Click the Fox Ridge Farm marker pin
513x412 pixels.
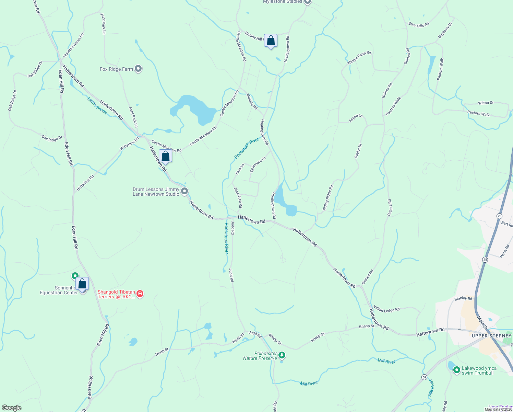click(138, 69)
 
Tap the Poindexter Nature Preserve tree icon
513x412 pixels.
click(282, 355)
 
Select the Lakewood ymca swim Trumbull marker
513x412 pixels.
click(456, 370)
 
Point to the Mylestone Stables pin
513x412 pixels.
click(308, 2)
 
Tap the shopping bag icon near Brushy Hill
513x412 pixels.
click(271, 41)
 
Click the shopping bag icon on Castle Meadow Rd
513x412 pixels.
click(165, 156)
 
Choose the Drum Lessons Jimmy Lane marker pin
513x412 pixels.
click(184, 191)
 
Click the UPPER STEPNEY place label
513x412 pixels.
click(491, 336)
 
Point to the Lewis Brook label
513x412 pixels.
click(97, 105)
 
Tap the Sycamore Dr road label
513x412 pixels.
click(258, 165)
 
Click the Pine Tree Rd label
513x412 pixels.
click(238, 197)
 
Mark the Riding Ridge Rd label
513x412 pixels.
click(328, 198)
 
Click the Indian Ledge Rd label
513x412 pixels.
click(386, 309)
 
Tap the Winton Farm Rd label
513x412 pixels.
click(359, 58)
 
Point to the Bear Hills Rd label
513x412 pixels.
click(418, 25)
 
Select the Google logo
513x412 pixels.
click(11, 408)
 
